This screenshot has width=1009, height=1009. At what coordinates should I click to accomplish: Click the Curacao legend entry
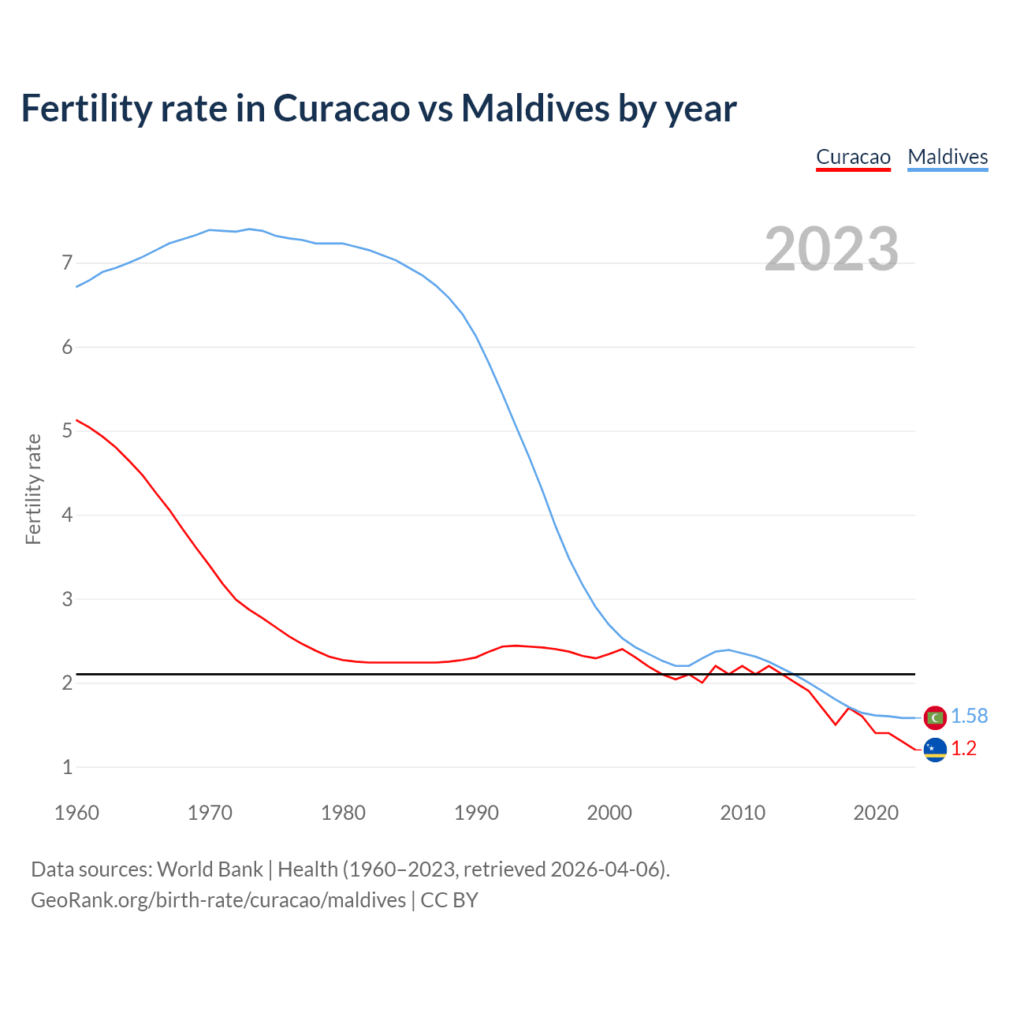click(853, 157)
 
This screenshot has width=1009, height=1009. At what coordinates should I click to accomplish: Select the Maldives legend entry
click(948, 157)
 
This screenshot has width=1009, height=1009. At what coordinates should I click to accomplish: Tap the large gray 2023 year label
click(832, 249)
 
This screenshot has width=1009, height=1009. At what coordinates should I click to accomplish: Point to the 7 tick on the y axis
click(67, 262)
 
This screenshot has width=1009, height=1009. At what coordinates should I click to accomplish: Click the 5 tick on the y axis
click(67, 431)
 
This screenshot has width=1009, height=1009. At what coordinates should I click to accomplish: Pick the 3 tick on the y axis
click(67, 599)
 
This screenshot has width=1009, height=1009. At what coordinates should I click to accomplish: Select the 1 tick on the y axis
click(67, 767)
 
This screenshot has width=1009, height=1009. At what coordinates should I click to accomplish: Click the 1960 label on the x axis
click(76, 813)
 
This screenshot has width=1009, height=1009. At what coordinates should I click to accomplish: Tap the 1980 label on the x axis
click(343, 813)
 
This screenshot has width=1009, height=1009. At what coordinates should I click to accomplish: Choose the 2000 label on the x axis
click(609, 813)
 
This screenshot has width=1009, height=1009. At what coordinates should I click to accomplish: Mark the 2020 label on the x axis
click(876, 813)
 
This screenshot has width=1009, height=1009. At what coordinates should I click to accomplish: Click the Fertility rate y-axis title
click(33, 489)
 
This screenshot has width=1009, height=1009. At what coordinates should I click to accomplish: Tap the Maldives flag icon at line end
click(935, 717)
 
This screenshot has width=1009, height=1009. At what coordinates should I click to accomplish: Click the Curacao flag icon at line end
click(935, 750)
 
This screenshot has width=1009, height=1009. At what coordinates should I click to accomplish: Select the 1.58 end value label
click(969, 716)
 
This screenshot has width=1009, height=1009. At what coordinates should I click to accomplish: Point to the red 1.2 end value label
click(963, 748)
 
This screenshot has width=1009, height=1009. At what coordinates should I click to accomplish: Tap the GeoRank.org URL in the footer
click(218, 899)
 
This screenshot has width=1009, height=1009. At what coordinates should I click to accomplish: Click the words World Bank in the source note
click(210, 869)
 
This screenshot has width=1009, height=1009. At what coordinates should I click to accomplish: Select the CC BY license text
click(449, 899)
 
